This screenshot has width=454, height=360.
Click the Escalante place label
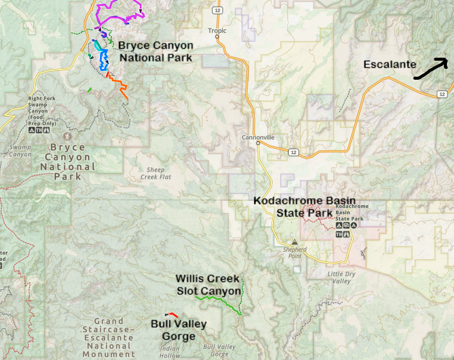390,65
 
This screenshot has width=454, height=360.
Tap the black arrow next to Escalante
430,69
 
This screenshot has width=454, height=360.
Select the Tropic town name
217,30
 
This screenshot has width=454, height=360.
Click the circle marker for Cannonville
258,143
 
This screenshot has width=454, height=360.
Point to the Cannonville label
258,137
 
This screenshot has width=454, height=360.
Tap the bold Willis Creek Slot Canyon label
208,285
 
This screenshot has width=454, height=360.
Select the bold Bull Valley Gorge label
179,330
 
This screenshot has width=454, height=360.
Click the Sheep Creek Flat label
152,173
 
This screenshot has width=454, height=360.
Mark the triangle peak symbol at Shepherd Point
293,242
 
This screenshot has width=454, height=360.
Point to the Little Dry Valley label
342,277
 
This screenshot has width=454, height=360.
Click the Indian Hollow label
170,352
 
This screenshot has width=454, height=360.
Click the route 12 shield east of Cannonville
293,152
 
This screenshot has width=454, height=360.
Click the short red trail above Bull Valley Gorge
172,314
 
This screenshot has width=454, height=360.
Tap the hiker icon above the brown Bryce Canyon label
67,136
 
